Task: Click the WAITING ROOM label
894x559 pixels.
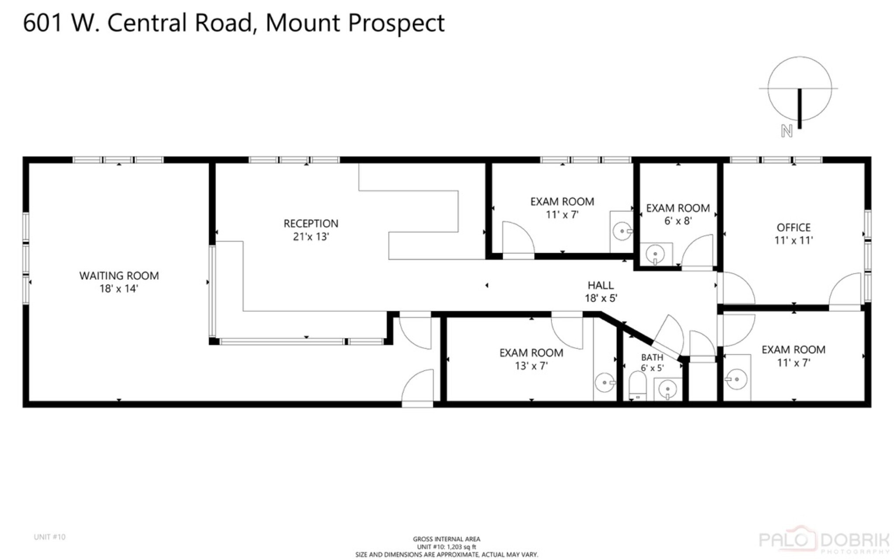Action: tap(119, 276)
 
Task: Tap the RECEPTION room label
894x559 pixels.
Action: tap(311, 224)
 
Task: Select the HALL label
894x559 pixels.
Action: tap(601, 285)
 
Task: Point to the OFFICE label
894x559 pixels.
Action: tap(793, 228)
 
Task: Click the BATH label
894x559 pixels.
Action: tap(652, 357)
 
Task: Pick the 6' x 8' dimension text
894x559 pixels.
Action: tap(678, 221)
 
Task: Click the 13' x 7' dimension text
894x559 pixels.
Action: tap(531, 366)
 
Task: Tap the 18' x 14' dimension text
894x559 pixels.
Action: tap(119, 289)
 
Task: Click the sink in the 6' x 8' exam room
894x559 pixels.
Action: tap(655, 253)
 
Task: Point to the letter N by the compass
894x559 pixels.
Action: tap(787, 131)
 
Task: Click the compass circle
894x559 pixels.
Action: tap(799, 88)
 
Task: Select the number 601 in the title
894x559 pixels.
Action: tap(43, 23)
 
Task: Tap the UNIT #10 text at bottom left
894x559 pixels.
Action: tap(49, 537)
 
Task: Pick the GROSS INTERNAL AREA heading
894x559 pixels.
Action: tap(447, 539)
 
